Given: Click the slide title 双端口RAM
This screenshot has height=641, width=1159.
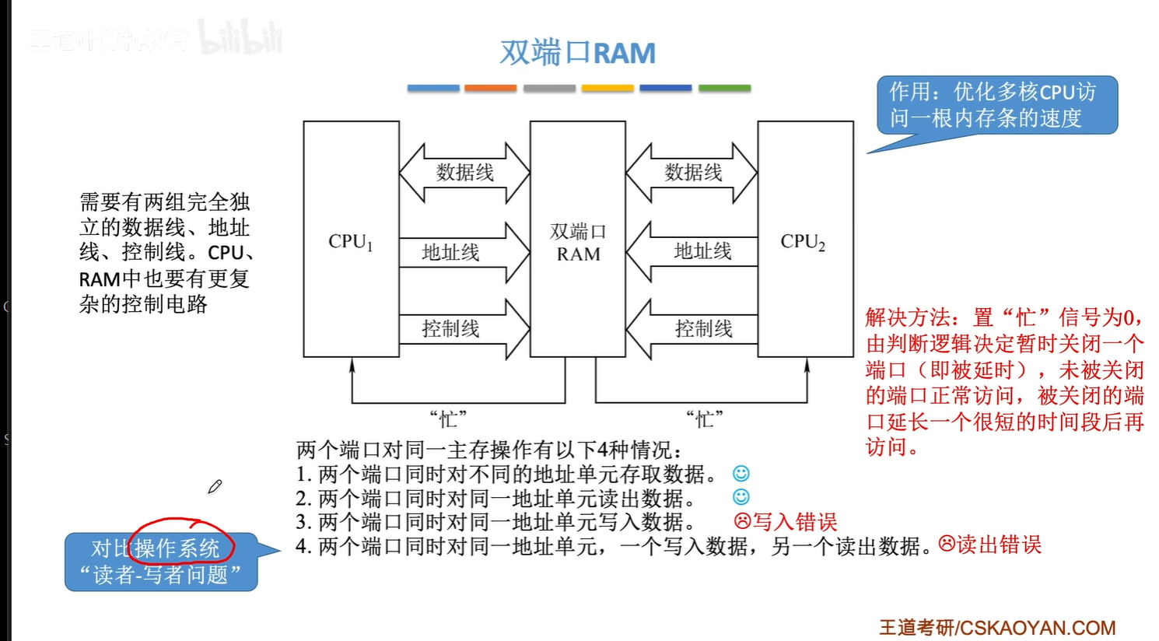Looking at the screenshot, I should pyautogui.click(x=577, y=53).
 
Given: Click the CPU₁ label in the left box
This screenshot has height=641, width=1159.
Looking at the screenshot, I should pyautogui.click(x=351, y=242).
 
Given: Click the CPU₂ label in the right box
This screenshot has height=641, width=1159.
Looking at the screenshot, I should pyautogui.click(x=803, y=242).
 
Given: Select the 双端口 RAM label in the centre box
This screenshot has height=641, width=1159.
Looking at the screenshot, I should pyautogui.click(x=578, y=243).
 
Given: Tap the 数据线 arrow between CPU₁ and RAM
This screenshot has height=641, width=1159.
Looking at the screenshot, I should pyautogui.click(x=464, y=173).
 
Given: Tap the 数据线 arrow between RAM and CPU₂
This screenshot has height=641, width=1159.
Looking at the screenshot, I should pyautogui.click(x=692, y=173).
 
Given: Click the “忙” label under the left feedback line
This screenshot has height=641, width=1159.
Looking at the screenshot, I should pyautogui.click(x=448, y=419).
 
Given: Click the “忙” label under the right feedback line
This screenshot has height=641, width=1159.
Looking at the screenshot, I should pyautogui.click(x=705, y=419).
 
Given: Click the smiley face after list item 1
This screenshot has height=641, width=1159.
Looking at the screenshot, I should pyautogui.click(x=741, y=473).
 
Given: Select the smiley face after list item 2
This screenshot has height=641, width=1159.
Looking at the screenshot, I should pyautogui.click(x=741, y=496).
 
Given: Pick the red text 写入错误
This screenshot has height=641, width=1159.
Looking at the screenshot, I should pyautogui.click(x=794, y=521).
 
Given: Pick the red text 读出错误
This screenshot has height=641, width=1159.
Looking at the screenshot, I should pyautogui.click(x=999, y=545).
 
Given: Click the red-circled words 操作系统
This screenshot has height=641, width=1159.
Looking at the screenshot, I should pyautogui.click(x=177, y=548).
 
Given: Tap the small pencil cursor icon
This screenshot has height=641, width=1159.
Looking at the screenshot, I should pyautogui.click(x=215, y=487).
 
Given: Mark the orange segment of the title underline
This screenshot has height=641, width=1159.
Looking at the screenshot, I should pyautogui.click(x=490, y=89).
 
